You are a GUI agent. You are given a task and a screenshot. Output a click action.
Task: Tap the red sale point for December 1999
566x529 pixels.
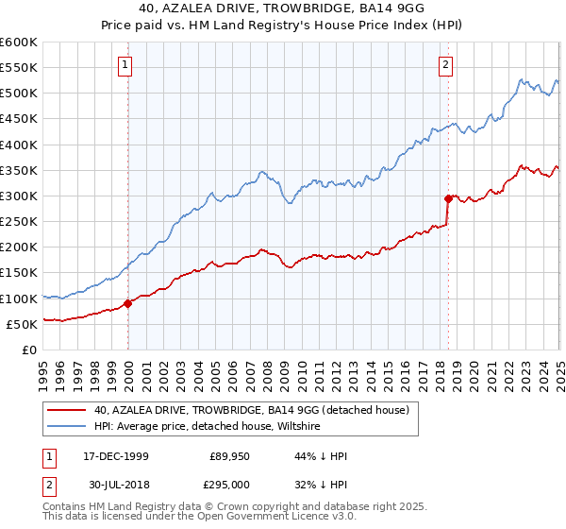point(128,303)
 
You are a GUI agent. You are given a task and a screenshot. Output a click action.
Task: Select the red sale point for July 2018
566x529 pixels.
point(448,198)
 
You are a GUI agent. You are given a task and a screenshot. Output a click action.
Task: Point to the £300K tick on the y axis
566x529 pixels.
point(18,196)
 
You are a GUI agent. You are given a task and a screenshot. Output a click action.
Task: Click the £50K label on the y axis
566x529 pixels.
point(21,324)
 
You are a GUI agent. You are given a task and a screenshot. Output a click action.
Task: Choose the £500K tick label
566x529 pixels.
point(18,94)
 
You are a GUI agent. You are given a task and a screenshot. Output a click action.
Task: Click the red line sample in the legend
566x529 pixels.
point(66,410)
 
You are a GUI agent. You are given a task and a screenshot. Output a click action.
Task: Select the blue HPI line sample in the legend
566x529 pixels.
point(66,427)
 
